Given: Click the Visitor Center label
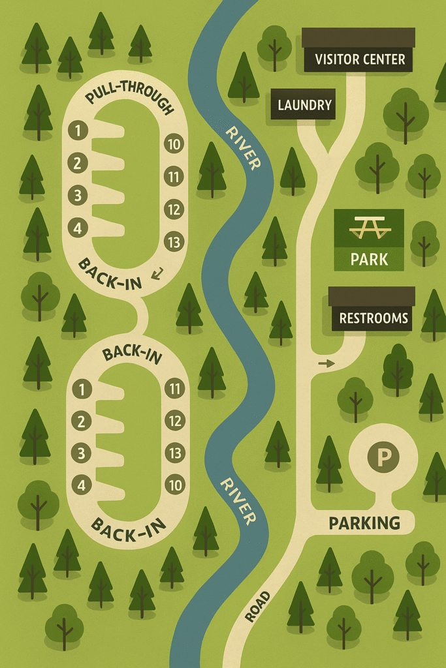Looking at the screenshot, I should (360, 60).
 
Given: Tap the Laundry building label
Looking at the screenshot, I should (304, 105).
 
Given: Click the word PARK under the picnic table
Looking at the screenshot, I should (369, 259).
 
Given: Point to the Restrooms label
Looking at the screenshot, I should (374, 319).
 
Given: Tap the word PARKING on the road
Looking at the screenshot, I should (364, 523).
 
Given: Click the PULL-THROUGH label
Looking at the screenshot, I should (130, 102).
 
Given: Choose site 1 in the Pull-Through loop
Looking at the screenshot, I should (78, 131).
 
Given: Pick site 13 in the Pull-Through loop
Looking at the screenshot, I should (173, 241).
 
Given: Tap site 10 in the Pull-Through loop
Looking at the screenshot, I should (173, 144).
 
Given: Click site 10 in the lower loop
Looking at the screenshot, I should (174, 485).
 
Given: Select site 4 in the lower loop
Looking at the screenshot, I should (81, 485).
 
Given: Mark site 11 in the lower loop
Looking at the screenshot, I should (174, 389).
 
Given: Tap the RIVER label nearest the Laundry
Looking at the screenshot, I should (242, 147).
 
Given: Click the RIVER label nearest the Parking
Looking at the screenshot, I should (237, 501).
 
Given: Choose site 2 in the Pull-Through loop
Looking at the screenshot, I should (78, 163).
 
